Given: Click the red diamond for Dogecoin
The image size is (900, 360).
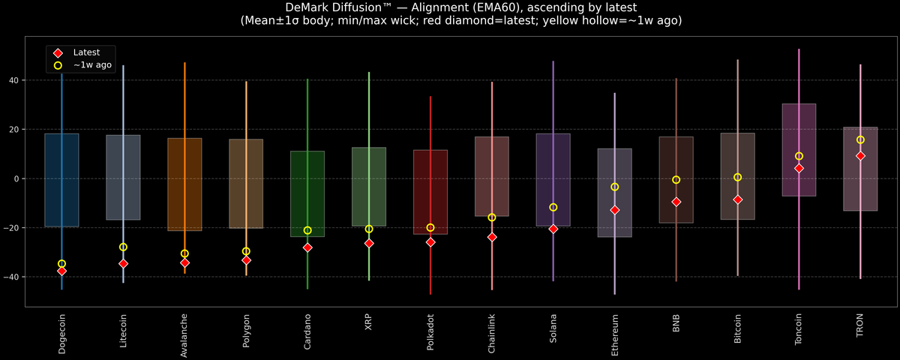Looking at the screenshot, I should coord(61,271).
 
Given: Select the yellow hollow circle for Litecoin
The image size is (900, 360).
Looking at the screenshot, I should coord(123,247).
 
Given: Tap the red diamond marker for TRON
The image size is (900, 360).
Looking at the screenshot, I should coord(860,156).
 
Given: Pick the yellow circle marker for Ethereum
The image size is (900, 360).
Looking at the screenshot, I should coord(615,187).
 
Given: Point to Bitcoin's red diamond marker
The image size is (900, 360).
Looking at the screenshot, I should coord(738,199).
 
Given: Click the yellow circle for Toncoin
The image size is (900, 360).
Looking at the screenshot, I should coord(799,156).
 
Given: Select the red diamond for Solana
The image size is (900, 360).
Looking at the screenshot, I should coord(553,229).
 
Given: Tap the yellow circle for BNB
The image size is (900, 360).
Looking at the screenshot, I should coord(676,180).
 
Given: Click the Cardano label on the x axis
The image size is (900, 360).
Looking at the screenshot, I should coord(307,331).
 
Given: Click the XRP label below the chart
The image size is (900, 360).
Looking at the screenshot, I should coord(369,324).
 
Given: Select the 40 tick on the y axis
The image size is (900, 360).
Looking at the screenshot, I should coord(13,80).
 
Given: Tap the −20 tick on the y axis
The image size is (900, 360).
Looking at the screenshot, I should coord(11,228).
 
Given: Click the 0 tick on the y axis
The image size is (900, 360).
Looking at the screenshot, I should coord(16,178).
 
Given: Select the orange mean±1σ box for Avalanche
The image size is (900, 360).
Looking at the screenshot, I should coord(184,184).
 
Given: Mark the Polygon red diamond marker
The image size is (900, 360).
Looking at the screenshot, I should coord(246,260).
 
